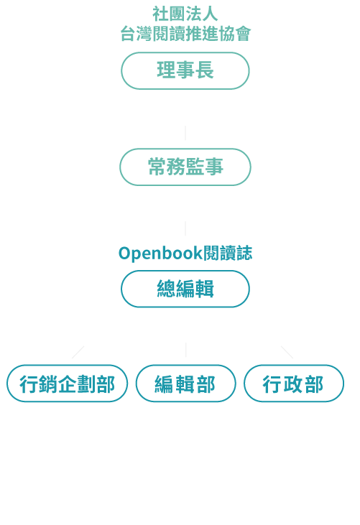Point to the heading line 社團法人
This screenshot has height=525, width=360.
pos(185,14)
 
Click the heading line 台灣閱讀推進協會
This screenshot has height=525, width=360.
pos(185,34)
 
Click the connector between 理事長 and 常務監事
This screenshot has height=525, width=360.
pos(185,133)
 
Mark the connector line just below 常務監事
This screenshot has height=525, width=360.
pos(185,228)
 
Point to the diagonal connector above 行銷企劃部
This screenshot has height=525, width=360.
pos(78,352)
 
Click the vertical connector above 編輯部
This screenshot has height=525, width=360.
pos(186,350)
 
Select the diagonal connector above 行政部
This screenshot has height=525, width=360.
pos(287,352)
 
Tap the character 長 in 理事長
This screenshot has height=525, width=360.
pos(205,70)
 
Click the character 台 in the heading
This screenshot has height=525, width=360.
pos(128,34)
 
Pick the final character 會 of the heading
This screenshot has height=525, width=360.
pos(243,34)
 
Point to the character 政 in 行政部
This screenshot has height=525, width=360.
pos(293,384)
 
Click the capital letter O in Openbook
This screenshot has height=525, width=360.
pos(124,254)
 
